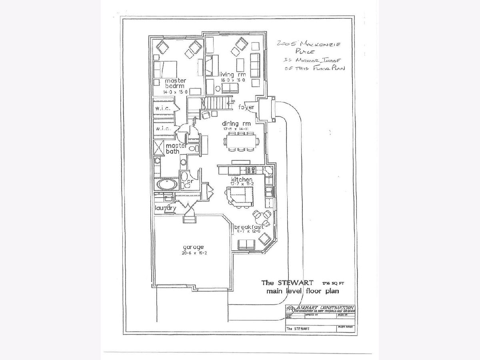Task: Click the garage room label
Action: click(193, 247)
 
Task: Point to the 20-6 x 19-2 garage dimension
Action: click(193, 253)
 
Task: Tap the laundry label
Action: click(165, 208)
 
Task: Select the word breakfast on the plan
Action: click(249, 226)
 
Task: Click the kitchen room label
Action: click(241, 180)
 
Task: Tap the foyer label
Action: click(246, 107)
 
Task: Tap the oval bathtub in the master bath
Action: click(166, 184)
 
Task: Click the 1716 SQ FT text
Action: click(332, 283)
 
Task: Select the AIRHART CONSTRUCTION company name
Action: click(325, 307)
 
